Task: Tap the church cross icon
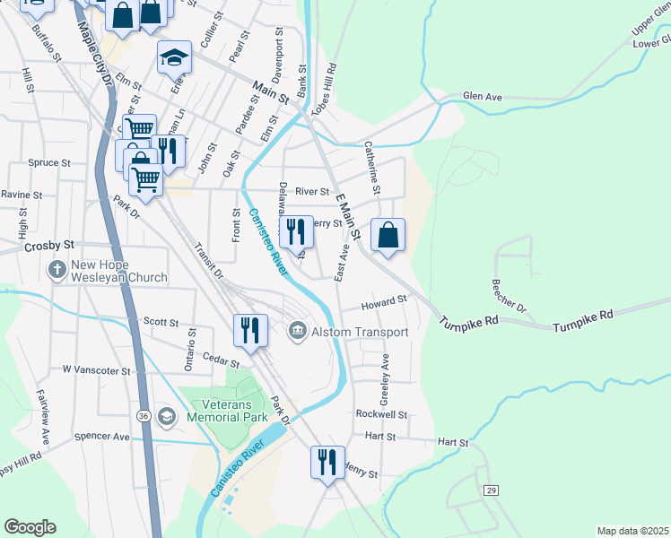click(x=57, y=269)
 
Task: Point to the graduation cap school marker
click(x=174, y=59)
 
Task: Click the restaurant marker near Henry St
click(x=327, y=463)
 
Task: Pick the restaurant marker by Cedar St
click(x=250, y=330)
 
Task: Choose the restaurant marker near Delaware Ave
click(x=297, y=232)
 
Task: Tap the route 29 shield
click(x=491, y=490)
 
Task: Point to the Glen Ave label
click(x=483, y=96)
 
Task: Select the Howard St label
click(x=384, y=303)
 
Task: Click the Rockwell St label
click(x=381, y=415)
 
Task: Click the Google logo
click(x=30, y=527)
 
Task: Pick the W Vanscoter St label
click(x=97, y=369)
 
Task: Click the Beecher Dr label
click(x=508, y=295)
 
